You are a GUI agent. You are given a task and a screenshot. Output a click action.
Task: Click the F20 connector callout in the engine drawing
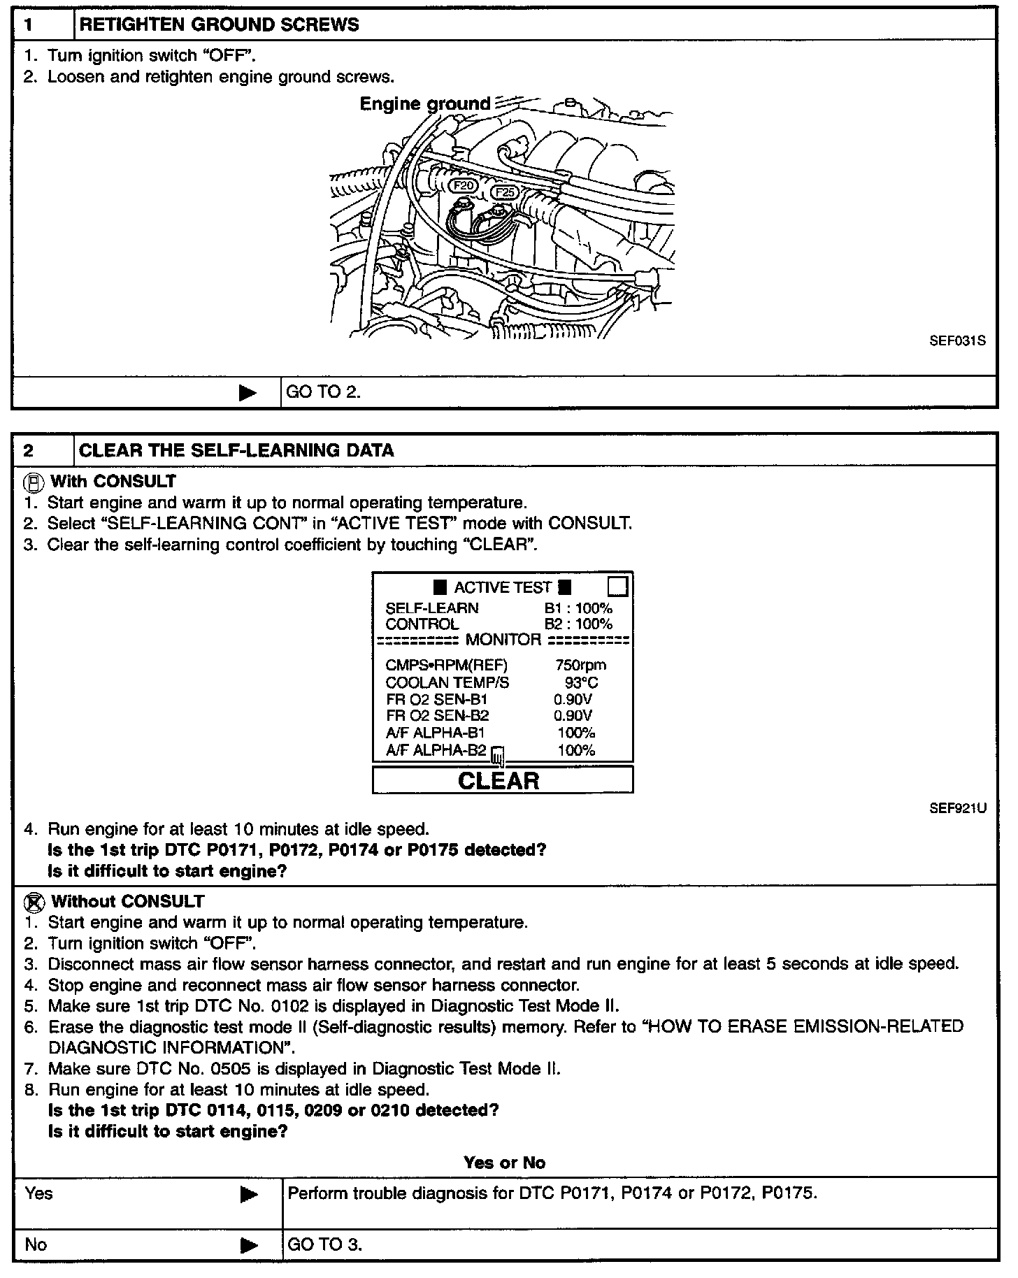coord(464,185)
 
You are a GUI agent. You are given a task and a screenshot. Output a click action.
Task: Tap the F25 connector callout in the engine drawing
coord(504,192)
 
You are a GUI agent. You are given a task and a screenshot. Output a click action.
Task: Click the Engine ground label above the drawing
coord(424,103)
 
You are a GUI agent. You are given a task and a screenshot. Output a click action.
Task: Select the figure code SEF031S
coord(957,341)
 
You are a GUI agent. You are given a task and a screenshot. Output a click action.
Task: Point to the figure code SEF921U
coord(957,808)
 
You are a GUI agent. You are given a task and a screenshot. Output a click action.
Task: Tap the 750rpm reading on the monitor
coord(580,665)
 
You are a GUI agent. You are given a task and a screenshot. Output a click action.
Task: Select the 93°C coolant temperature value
coord(581,682)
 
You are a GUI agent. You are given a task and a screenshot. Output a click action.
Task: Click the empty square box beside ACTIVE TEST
coord(618,586)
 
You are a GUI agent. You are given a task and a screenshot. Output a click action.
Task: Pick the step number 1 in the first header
coord(29,25)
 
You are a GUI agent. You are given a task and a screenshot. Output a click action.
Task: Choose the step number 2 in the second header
coord(29,450)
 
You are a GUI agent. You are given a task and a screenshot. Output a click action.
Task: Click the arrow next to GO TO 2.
coord(248,393)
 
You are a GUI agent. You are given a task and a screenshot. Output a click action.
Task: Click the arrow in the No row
coord(248,1245)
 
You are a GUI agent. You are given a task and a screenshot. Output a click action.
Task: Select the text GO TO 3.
coord(324,1245)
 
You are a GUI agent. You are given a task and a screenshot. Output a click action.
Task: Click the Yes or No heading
coord(504,1163)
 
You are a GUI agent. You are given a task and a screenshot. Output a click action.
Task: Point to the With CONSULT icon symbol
coord(33,482)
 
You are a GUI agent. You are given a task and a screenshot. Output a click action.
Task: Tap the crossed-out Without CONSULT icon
coord(34,902)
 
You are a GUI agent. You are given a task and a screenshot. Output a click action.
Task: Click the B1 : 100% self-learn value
coord(578,608)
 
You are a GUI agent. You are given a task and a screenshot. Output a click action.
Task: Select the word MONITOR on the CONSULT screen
coord(503,640)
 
